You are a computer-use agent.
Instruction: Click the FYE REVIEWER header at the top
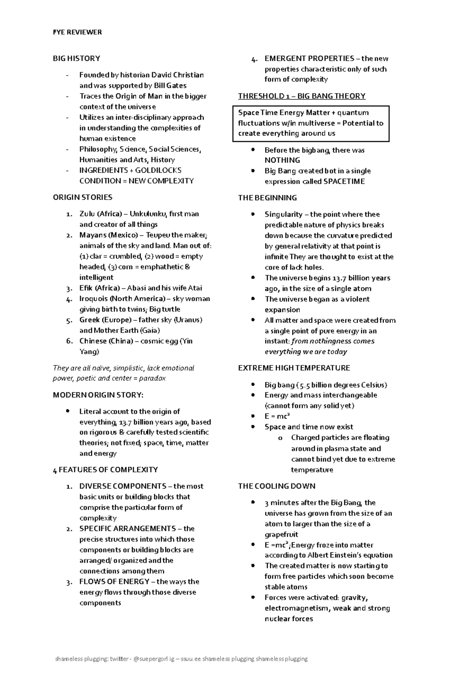(x=77, y=32)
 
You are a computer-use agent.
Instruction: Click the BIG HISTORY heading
(x=76, y=58)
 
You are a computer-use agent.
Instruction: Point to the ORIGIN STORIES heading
(x=82, y=197)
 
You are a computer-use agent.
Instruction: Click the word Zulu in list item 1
(x=87, y=214)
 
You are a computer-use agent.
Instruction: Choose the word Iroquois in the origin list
(x=93, y=299)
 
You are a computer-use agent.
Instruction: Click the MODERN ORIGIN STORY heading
(x=98, y=395)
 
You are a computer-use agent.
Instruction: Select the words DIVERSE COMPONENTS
(x=123, y=486)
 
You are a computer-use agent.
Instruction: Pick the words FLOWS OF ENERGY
(x=114, y=581)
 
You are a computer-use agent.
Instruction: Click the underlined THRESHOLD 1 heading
(x=301, y=96)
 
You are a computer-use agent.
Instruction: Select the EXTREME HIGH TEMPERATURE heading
(x=294, y=368)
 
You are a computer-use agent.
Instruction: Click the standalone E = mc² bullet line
(x=277, y=416)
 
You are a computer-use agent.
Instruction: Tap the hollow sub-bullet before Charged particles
(x=280, y=438)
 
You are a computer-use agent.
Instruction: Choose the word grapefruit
(x=281, y=534)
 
